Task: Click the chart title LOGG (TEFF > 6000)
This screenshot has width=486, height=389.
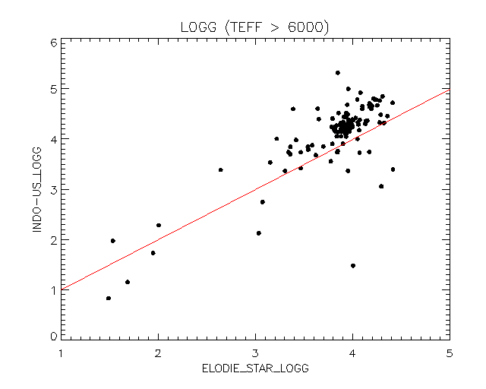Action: point(254,28)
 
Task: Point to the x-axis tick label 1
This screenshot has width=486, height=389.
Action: point(61,353)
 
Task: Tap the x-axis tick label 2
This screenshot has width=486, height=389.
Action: point(158,353)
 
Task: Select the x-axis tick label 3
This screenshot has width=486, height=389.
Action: point(255,353)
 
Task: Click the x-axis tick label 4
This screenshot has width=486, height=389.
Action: point(352,353)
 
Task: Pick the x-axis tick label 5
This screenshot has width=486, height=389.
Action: point(450,353)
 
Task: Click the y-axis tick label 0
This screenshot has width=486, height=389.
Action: point(53,336)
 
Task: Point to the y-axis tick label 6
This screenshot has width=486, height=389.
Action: point(53,43)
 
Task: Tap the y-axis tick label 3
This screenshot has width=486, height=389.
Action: point(53,189)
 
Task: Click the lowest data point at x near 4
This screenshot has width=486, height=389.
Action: point(353,266)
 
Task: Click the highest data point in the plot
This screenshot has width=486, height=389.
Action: point(338,73)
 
